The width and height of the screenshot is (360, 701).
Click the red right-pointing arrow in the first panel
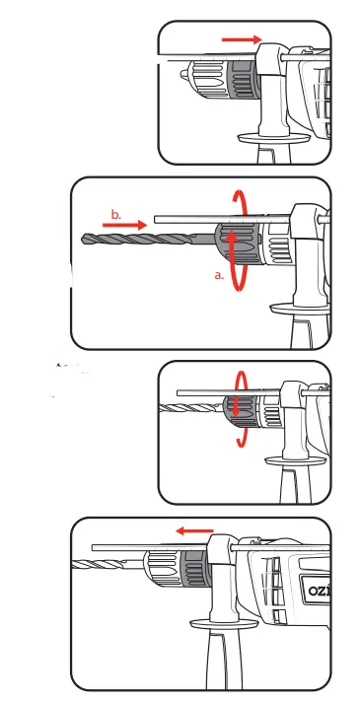[x=242, y=39]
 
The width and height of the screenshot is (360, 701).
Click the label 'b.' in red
[x=115, y=214]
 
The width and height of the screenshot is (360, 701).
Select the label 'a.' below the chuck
[x=220, y=276]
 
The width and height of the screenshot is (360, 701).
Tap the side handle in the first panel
[x=273, y=123]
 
